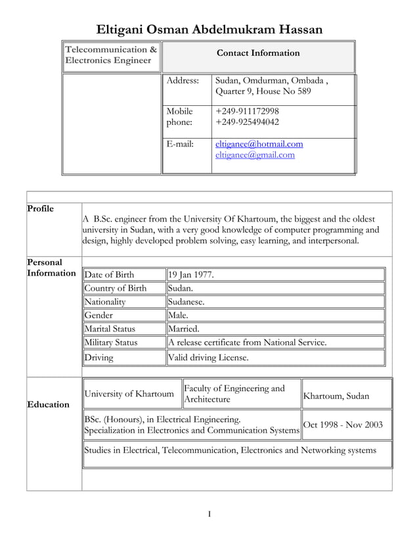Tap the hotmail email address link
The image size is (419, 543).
(x=259, y=144)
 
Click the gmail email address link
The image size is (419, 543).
(x=255, y=155)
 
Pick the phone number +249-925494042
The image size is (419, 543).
(x=247, y=122)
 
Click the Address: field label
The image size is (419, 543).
(x=183, y=80)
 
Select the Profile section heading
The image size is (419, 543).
(x=41, y=209)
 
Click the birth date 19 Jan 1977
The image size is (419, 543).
(x=191, y=275)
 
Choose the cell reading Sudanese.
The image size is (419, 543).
(x=187, y=302)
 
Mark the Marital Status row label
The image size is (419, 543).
(x=110, y=329)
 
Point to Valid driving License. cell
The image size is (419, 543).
(x=209, y=358)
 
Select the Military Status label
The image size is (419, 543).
(x=110, y=342)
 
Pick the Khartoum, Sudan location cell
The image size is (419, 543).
(x=336, y=396)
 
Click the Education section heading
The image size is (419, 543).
(x=48, y=404)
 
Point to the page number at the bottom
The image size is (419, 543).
(x=209, y=513)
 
